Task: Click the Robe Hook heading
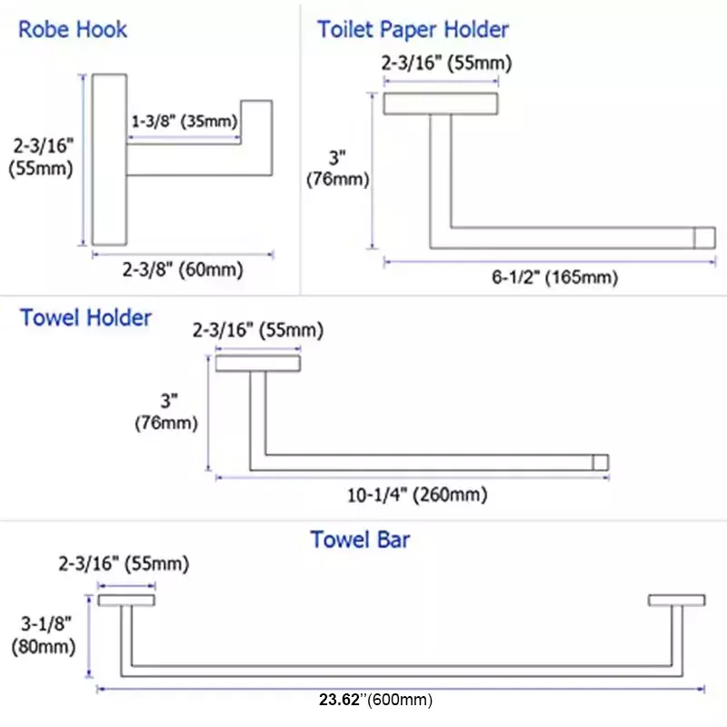pyautogui.click(x=73, y=30)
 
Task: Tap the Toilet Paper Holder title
pyautogui.click(x=413, y=30)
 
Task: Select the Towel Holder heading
pyautogui.click(x=85, y=318)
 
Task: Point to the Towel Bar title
pyautogui.click(x=360, y=540)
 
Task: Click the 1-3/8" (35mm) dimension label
pyautogui.click(x=184, y=122)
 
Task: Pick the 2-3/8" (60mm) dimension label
pyautogui.click(x=183, y=269)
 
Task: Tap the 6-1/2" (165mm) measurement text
pyautogui.click(x=555, y=277)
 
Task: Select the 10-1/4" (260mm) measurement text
pyautogui.click(x=417, y=494)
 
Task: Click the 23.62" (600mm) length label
pyautogui.click(x=375, y=699)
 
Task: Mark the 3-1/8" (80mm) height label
pyautogui.click(x=44, y=635)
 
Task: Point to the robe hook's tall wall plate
pyautogui.click(x=109, y=160)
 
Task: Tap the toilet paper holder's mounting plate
pyautogui.click(x=441, y=104)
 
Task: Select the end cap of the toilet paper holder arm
pyautogui.click(x=705, y=238)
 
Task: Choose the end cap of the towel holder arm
pyautogui.click(x=601, y=463)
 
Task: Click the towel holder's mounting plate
pyautogui.click(x=258, y=363)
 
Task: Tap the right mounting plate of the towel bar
pyautogui.click(x=677, y=601)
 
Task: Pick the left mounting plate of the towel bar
pyautogui.click(x=126, y=601)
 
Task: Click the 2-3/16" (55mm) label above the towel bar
pyautogui.click(x=124, y=563)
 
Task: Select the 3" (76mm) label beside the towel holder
pyautogui.click(x=167, y=412)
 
